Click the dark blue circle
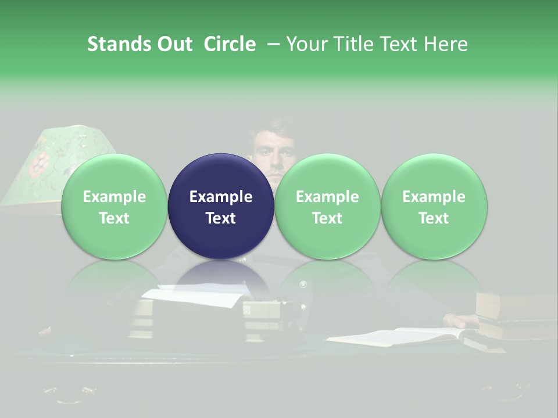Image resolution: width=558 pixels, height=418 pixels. pos(221,206)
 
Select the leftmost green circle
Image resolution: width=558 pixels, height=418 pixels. pos(115,206)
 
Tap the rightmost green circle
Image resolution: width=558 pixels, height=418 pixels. pos(434,206)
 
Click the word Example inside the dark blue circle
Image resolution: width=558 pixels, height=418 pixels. pos(221,197)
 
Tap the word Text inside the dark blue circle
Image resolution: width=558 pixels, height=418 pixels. pos(221,218)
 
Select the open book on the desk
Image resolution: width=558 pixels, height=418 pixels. pos(401,337)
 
